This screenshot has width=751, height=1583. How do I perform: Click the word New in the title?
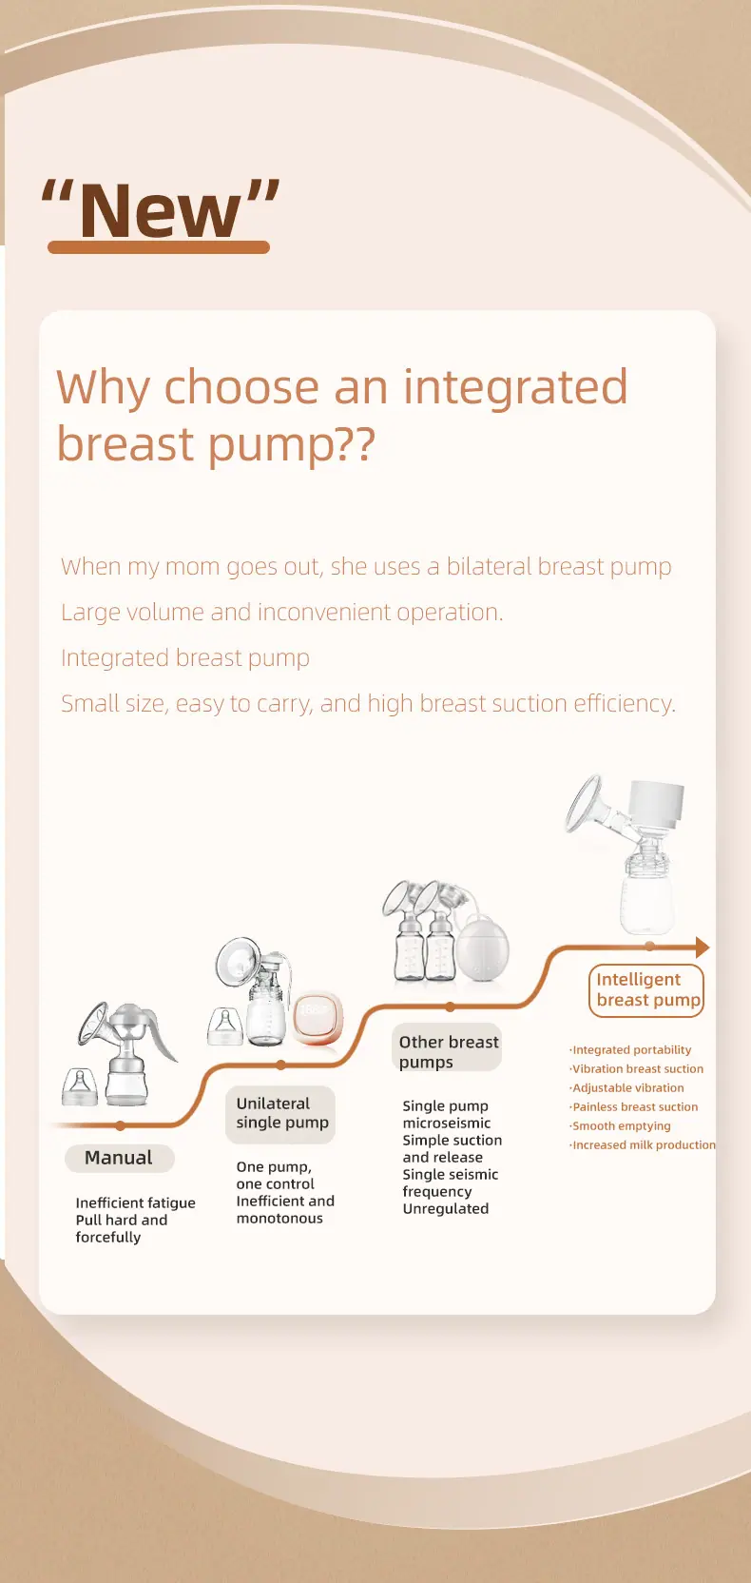(160, 210)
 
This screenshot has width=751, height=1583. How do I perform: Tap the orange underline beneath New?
(159, 246)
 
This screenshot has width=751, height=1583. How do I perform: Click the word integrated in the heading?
(515, 388)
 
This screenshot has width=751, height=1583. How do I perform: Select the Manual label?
(119, 1158)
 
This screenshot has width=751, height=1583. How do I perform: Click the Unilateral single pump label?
(280, 1114)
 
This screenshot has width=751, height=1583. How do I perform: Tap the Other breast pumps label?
(447, 1051)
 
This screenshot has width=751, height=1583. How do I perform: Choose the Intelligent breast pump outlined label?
(646, 990)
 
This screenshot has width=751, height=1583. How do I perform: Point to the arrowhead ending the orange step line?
(703, 947)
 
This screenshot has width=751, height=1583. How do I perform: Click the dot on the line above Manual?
(120, 1125)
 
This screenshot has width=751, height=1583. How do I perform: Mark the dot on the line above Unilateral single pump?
(280, 1065)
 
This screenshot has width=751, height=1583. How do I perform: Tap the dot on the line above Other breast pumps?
(450, 1006)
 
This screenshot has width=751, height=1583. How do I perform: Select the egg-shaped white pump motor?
(483, 948)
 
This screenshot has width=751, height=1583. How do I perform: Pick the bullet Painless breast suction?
(634, 1106)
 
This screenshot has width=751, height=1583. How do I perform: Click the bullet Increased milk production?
(643, 1144)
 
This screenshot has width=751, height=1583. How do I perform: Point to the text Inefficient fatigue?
(136, 1202)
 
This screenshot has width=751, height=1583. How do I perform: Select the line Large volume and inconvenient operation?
(282, 612)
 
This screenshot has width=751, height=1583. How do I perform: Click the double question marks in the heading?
(356, 445)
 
